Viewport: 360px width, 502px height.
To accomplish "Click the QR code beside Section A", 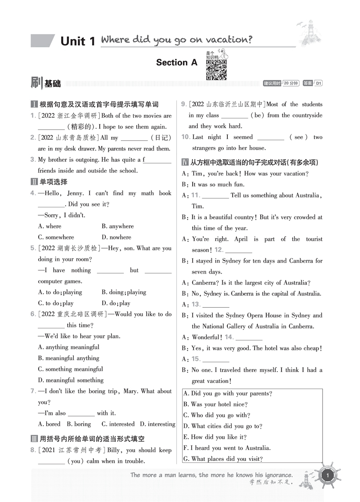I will click(216, 70).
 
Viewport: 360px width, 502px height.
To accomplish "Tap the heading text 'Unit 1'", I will click(77, 41).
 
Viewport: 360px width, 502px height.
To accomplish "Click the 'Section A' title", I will click(177, 62).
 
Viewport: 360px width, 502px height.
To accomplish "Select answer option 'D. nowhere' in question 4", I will click(116, 237).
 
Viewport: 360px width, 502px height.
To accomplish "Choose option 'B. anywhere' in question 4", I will click(118, 226).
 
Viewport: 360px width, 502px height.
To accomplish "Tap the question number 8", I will click(33, 450).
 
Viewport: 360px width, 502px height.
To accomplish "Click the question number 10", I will click(185, 137).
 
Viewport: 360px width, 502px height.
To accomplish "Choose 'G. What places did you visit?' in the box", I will click(223, 459).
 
